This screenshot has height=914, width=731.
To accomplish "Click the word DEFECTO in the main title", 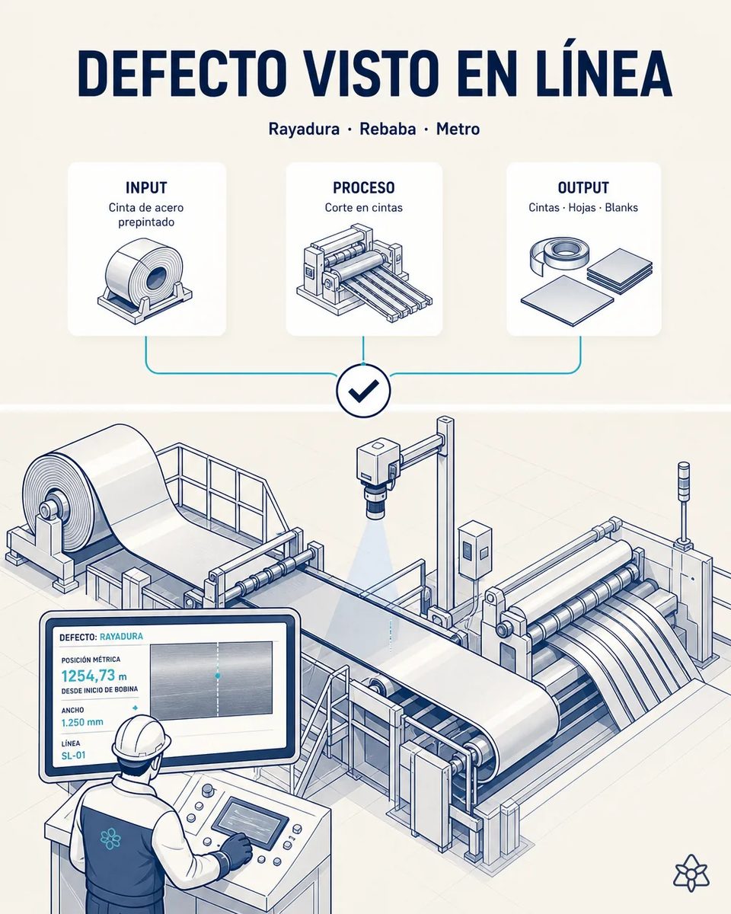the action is (180, 74).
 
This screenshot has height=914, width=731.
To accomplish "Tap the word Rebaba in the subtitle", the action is (388, 129).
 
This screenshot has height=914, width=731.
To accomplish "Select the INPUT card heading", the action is (146, 187).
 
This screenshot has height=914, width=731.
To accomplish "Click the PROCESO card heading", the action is (363, 187).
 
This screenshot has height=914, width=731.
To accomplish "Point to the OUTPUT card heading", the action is (583, 187).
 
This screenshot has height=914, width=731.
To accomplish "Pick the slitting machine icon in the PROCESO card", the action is (364, 274).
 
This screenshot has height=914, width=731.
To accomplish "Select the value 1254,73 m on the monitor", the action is (94, 676).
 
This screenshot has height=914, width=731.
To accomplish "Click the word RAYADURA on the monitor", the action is (121, 637).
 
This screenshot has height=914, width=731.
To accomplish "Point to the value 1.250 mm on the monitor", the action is (82, 723).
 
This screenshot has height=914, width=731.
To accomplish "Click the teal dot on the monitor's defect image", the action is (218, 675).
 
